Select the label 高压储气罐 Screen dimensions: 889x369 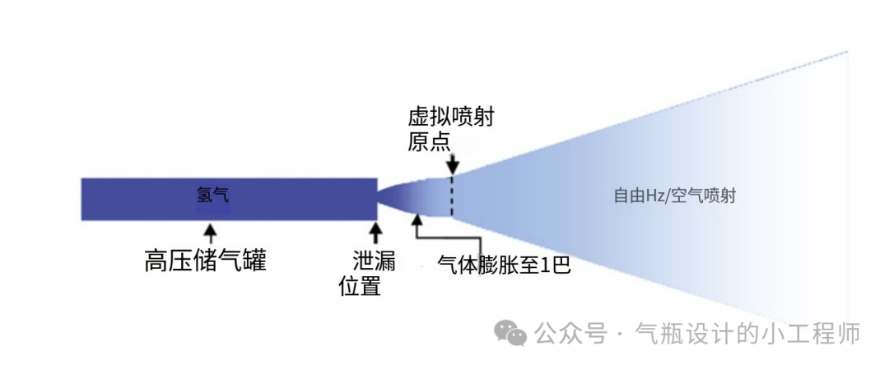tap(205, 261)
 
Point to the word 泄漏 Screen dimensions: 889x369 tap(374, 263)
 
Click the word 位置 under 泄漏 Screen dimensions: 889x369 tap(360, 286)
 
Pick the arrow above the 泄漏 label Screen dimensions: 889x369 tap(375, 234)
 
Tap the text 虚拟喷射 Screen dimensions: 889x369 tap(451, 118)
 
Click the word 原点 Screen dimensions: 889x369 tap(429, 141)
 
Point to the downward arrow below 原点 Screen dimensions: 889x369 tap(452, 163)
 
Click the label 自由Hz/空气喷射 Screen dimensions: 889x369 tap(675, 196)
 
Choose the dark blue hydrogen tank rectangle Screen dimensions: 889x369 tap(230, 199)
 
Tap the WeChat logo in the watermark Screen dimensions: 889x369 tap(510, 332)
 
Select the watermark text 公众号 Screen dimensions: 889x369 tap(571, 332)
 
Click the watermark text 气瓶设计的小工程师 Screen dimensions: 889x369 tap(748, 332)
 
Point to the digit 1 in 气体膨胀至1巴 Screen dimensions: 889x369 tap(544, 265)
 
